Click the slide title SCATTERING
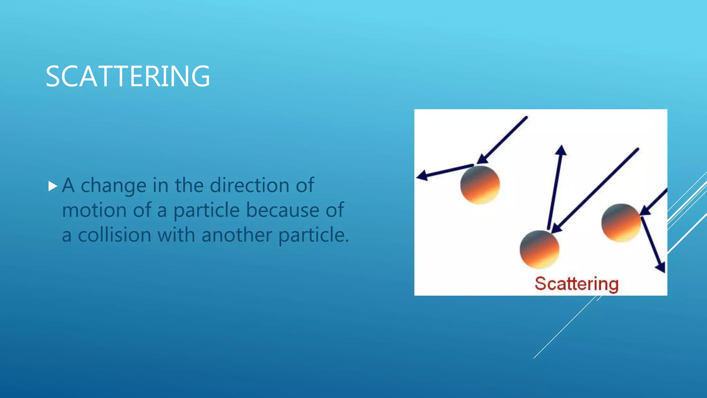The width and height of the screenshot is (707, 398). tap(128, 76)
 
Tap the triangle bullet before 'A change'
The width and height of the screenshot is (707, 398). tap(52, 187)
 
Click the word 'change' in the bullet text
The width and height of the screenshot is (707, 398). tap(113, 186)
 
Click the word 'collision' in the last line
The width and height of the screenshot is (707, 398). tap(115, 235)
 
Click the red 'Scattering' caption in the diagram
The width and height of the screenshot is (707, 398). tap(577, 284)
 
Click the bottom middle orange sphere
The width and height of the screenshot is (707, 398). tap(539, 249)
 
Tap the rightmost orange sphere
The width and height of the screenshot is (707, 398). tap(621, 223)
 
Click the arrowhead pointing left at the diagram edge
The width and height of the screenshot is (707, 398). tap(422, 176)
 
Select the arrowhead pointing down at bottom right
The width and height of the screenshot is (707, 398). tap(660, 267)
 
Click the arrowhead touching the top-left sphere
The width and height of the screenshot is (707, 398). tap(482, 159)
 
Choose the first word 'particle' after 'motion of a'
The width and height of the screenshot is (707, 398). tap(206, 211)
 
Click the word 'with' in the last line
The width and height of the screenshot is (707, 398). tap(176, 235)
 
